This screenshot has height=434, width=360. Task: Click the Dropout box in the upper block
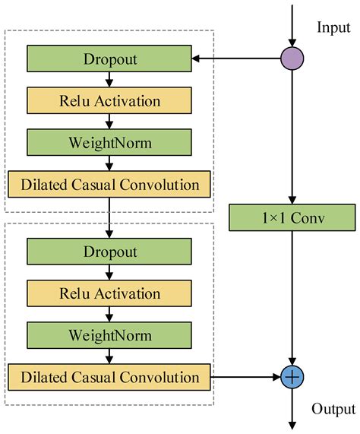coord(110,58)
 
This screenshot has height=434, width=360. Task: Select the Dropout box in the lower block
coord(110,251)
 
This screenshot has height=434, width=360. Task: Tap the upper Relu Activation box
coord(110,100)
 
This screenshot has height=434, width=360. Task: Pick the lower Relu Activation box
coord(110,293)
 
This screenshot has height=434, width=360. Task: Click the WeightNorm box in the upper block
coord(110,141)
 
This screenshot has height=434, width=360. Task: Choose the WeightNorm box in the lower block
coord(110,334)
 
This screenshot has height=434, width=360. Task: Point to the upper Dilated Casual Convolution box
coord(110,183)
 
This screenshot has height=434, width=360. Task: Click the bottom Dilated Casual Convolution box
coord(110,376)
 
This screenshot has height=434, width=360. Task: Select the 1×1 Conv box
coord(292,218)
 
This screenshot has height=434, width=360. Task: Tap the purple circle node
coord(292,58)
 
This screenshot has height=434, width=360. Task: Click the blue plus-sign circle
coord(292,376)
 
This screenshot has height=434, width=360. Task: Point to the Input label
coord(333,27)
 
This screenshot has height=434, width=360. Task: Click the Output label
coord(333,410)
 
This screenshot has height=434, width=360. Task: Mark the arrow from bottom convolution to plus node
coord(246,376)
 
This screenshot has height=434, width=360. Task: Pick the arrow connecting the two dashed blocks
coord(110,217)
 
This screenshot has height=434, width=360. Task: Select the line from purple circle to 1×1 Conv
coord(292,137)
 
